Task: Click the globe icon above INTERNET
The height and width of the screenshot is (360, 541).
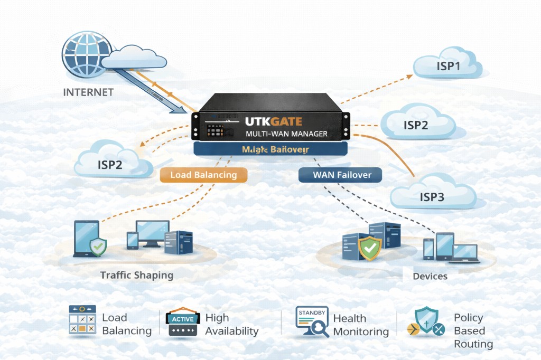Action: point(86,54)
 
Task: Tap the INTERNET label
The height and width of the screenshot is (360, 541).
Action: point(88,92)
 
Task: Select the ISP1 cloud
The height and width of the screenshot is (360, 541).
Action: point(448,67)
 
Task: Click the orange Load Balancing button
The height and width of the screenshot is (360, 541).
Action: point(203,175)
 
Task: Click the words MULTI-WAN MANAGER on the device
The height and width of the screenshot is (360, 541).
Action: point(286,134)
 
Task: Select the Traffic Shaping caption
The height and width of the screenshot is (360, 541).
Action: point(136,275)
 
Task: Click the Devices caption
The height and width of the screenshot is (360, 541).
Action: point(430,276)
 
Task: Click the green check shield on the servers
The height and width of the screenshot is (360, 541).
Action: point(369,247)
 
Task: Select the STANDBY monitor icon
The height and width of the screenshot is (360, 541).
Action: point(312,321)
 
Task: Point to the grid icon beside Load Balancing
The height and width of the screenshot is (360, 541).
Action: point(82,320)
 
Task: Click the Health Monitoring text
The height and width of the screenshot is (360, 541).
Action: point(361,325)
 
